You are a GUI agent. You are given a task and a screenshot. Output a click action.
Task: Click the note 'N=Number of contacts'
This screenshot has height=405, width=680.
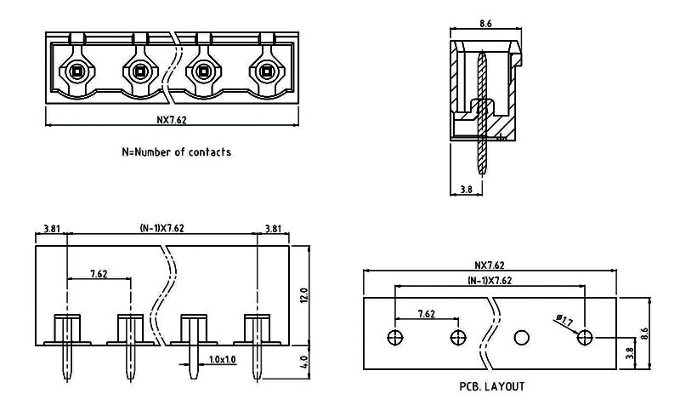click(x=176, y=152)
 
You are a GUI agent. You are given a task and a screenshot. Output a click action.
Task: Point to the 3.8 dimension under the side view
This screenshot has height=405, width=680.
click(x=465, y=190)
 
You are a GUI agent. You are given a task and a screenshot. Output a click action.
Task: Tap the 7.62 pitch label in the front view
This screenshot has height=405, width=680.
click(x=99, y=274)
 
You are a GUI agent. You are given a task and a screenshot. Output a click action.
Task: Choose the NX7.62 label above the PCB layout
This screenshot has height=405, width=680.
click(x=490, y=265)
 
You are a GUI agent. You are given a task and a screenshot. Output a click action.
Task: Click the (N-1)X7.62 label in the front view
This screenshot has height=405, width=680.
click(x=161, y=228)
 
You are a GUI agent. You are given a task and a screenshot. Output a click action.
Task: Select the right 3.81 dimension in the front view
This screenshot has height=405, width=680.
click(x=274, y=228)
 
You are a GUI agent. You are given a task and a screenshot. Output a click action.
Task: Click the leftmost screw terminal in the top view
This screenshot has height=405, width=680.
click(x=76, y=71)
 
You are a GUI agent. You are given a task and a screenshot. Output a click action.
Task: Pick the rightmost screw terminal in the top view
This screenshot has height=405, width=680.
click(x=266, y=71)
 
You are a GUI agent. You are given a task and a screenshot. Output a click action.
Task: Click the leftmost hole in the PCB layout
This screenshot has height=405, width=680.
click(x=394, y=337)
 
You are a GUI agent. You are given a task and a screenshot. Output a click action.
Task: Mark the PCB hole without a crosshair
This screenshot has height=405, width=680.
click(x=521, y=337)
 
